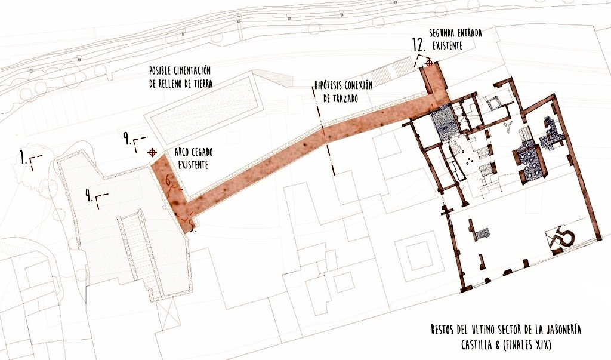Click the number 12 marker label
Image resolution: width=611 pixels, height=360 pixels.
point(419,45)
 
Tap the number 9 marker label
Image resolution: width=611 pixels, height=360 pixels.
point(127,138)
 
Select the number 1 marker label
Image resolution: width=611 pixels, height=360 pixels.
point(23,158)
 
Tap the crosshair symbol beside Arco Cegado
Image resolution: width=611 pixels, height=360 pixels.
point(152,152)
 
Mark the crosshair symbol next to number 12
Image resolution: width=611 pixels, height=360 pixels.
point(429,63)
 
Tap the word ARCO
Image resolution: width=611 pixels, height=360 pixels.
point(181,152)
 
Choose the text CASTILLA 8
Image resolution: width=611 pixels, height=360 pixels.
point(483,345)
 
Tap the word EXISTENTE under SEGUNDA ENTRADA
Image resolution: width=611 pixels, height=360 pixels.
point(448,45)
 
